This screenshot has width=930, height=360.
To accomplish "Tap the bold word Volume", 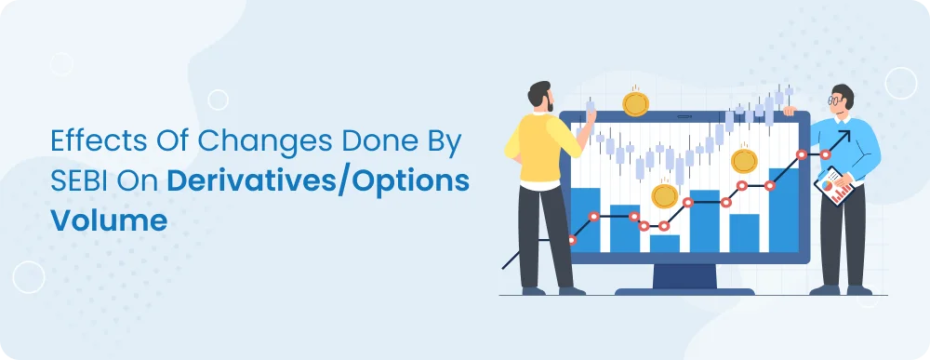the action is coord(109,220).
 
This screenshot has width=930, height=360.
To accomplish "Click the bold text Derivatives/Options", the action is coord(318,182).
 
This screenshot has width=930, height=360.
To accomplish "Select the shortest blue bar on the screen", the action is coord(665,243).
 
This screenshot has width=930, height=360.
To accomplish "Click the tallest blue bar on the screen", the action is coord(783,210).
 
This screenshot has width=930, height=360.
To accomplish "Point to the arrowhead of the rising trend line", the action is coord(844,137).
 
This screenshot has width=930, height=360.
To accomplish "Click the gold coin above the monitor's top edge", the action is coord(635,103).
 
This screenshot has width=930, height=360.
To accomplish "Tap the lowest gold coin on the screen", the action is coord(664,195).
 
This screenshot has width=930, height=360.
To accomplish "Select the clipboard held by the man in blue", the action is coord(834,186).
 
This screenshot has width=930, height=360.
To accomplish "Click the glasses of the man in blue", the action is coord(834,100).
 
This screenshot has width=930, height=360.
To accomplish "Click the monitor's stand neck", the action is coord(684,276).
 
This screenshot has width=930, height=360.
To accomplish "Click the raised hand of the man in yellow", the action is coord(590,115).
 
